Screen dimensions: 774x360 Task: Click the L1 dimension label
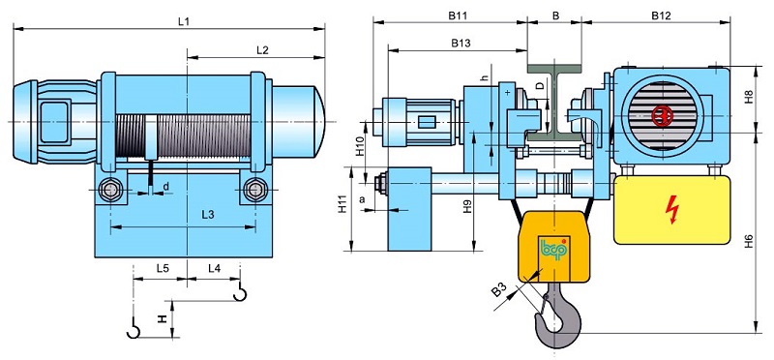[184, 21]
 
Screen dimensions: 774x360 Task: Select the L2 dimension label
[262, 50]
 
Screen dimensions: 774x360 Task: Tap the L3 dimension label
[208, 215]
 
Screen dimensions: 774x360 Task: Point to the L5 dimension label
[163, 269]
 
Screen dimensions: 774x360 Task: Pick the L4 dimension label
[214, 269]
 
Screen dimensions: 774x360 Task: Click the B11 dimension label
[458, 15]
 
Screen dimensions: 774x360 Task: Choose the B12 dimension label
[661, 15]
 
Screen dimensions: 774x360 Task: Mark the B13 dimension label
[461, 43]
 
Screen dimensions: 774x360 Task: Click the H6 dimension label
[749, 241]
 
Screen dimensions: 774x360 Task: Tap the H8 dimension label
[749, 97]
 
